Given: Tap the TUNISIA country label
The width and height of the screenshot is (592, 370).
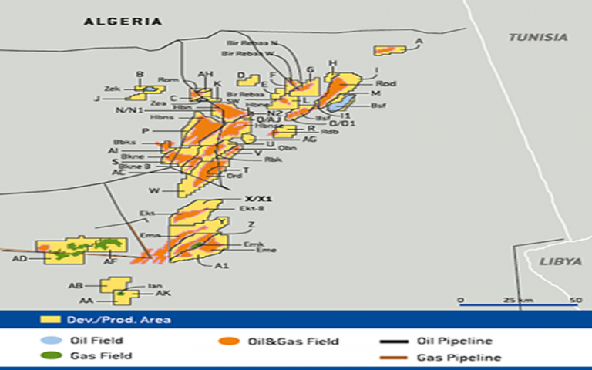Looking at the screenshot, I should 537,37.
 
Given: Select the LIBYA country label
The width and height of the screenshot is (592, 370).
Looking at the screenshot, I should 560,262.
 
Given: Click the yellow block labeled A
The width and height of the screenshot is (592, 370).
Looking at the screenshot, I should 389,50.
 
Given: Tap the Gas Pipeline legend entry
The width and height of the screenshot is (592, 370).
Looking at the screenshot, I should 458,358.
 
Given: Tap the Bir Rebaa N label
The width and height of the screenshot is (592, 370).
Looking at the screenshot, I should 254,44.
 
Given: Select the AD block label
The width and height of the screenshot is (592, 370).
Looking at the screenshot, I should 20,259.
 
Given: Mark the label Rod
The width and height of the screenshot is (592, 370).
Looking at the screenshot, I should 385,83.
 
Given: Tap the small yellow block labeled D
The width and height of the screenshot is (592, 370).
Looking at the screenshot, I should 249,79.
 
